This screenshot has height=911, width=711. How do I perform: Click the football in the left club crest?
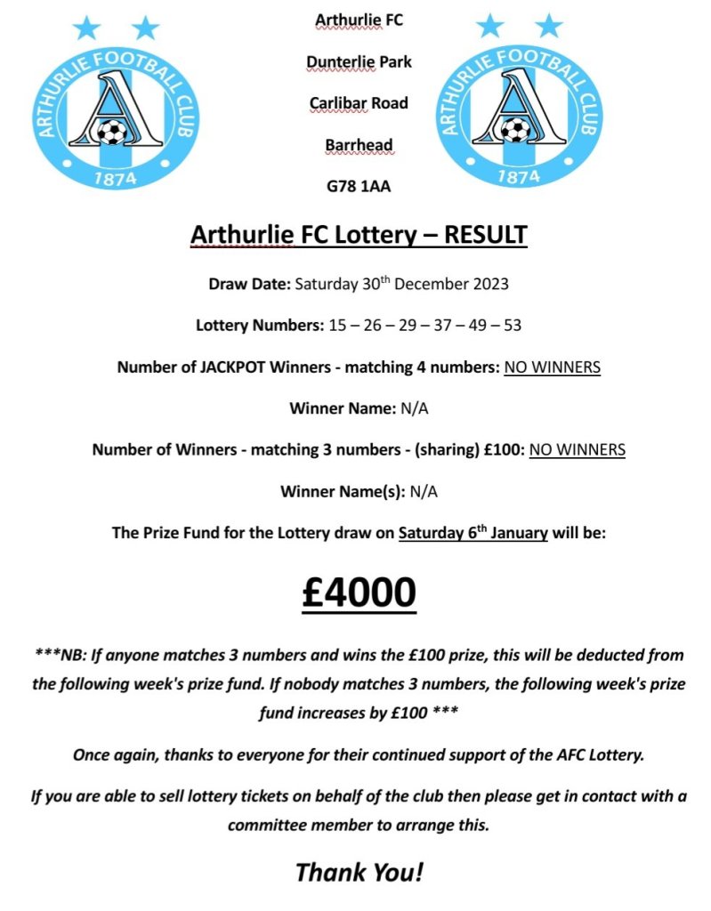[x=111, y=133]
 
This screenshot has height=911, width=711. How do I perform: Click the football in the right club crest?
[x=515, y=131]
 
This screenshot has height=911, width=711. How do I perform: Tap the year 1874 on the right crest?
[x=518, y=176]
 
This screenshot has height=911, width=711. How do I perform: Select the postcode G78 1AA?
[x=359, y=187]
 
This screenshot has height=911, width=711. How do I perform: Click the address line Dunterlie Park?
[x=359, y=61]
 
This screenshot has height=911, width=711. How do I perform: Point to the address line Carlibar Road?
[x=359, y=103]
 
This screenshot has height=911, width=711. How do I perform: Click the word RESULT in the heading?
[x=485, y=235]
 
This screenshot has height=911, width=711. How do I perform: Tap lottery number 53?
[x=513, y=325]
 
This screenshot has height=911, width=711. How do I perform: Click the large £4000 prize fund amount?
[x=359, y=593]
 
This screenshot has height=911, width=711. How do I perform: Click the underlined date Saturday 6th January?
[x=473, y=534]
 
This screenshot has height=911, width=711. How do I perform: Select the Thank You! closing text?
[x=359, y=872]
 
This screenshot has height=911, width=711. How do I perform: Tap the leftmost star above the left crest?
[x=86, y=28]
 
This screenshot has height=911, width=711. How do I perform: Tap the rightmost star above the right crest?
[x=549, y=26]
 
